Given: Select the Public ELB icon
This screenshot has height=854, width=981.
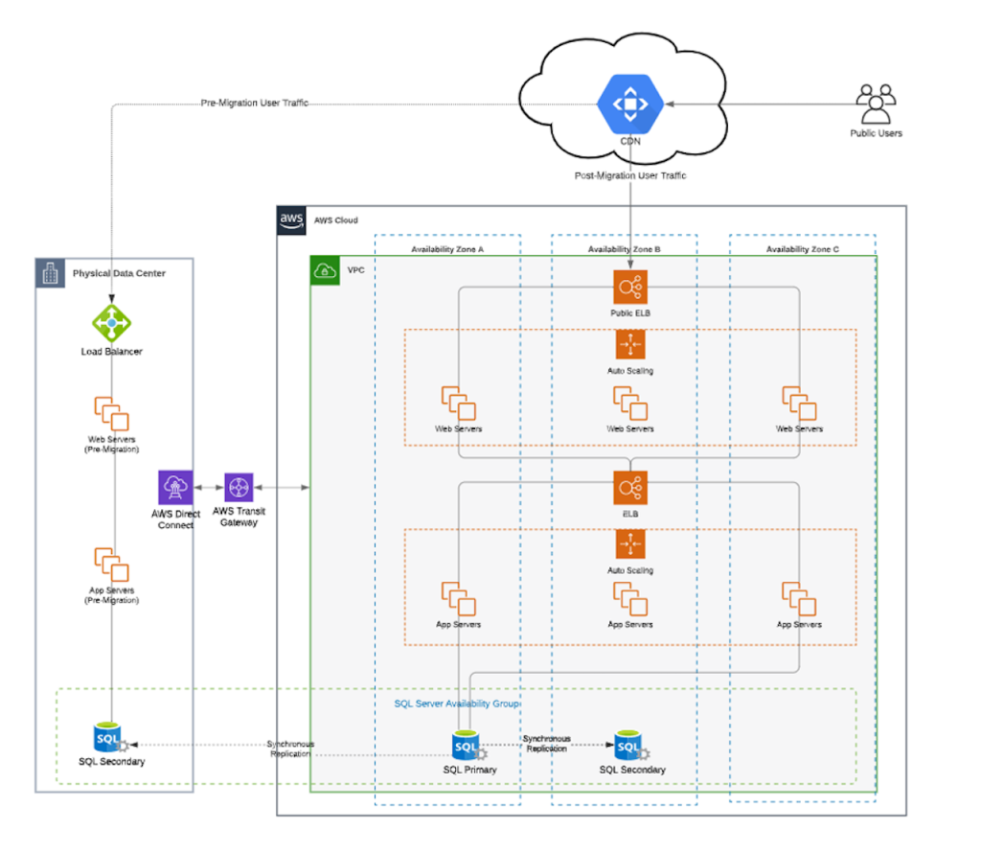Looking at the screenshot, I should click(630, 287).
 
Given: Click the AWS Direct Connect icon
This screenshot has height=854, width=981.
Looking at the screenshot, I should click(176, 488).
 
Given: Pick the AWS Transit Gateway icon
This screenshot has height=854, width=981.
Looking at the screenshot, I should click(238, 488).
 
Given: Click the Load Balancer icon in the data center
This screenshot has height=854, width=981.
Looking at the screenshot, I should click(111, 323).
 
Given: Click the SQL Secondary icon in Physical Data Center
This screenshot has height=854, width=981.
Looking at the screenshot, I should click(109, 739).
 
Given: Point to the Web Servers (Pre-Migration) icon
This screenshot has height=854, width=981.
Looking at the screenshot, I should click(111, 413).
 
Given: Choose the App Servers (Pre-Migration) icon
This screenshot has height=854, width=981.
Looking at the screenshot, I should click(111, 565).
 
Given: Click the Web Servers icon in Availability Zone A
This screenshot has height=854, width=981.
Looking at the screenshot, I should click(458, 404).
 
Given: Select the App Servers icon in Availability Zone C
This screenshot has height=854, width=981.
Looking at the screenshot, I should click(799, 600).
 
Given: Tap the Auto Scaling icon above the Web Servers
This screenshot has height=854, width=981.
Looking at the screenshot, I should click(630, 345).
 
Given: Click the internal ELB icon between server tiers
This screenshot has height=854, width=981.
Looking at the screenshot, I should click(630, 488).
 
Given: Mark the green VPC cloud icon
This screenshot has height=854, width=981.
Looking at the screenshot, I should click(326, 270).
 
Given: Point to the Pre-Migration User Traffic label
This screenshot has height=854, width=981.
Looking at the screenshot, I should click(254, 103).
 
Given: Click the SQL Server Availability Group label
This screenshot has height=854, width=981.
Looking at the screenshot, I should click(457, 704).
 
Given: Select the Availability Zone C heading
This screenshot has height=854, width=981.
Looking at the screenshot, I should click(802, 249).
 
